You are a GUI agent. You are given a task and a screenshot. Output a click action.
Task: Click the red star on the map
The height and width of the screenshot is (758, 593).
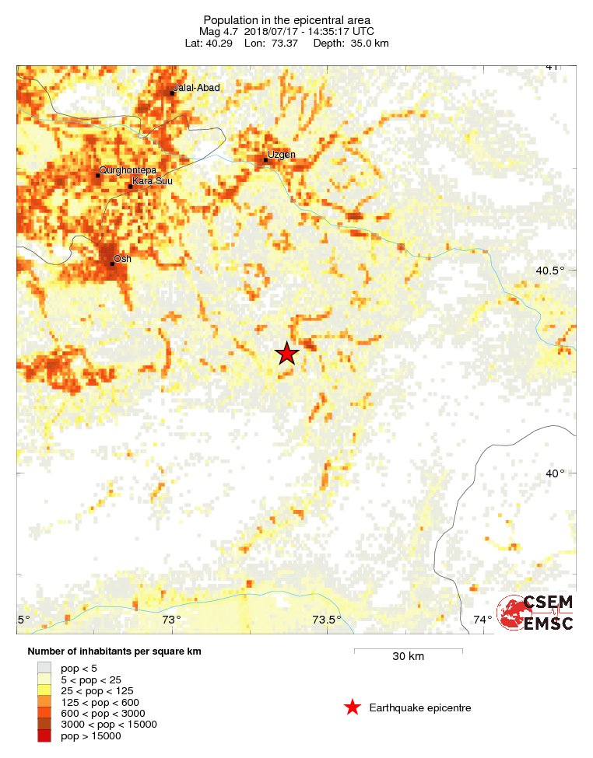[x=287, y=354]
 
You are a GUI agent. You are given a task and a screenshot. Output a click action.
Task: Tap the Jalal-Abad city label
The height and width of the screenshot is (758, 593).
[x=198, y=88]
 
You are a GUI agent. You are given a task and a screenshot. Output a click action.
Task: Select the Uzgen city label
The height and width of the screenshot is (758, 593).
[x=281, y=155]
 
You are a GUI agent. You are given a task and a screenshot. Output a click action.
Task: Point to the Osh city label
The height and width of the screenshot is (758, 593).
[x=122, y=258]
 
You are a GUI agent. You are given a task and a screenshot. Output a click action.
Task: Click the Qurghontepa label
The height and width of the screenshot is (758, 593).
[x=128, y=170]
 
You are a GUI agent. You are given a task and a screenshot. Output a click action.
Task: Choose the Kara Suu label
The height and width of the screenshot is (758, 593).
[x=153, y=181]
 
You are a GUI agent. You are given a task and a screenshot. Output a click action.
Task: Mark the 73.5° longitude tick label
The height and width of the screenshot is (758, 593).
[x=327, y=620]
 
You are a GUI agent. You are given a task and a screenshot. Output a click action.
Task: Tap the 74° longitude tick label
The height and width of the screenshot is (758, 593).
[x=482, y=620]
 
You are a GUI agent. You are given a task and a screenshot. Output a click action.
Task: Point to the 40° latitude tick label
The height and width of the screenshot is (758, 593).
[x=554, y=473]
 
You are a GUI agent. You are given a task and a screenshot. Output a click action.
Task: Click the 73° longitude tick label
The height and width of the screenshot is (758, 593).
[x=172, y=620]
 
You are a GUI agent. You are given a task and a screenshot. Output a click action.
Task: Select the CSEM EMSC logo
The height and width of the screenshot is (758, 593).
[x=536, y=612]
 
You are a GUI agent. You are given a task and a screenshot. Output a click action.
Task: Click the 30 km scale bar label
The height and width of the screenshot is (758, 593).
[x=408, y=657]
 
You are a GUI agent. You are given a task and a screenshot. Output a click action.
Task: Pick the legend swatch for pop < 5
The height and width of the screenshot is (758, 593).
[x=44, y=667]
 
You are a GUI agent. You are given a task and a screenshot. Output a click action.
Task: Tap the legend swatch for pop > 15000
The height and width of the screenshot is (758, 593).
[x=44, y=736]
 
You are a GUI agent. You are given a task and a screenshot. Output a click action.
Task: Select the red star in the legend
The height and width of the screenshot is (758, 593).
[x=353, y=707]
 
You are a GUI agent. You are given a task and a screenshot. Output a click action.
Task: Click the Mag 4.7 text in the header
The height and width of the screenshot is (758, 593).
[x=219, y=31]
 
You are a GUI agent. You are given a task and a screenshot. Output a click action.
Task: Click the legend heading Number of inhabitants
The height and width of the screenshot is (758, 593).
[x=114, y=651]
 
